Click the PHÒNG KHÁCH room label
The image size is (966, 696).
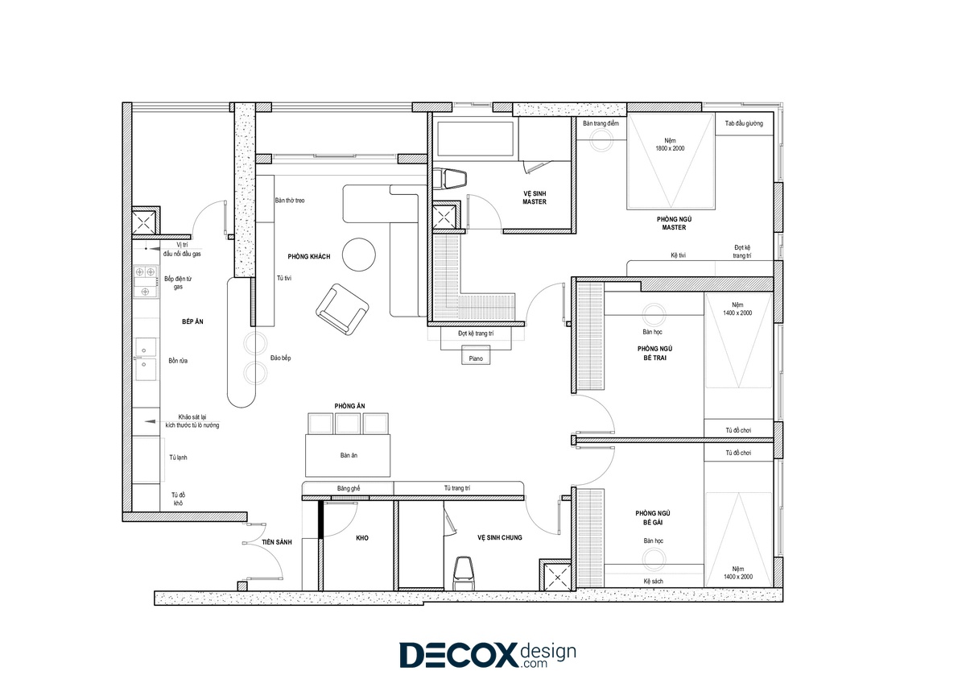(309, 257)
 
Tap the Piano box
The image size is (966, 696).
(476, 356)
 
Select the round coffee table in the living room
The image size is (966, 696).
(359, 255)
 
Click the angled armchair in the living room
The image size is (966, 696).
(342, 309)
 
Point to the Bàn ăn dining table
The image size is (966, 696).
(348, 455)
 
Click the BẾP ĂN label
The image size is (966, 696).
(192, 321)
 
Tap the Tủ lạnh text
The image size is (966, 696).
(178, 458)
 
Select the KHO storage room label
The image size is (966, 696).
(362, 538)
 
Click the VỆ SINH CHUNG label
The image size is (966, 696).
(500, 537)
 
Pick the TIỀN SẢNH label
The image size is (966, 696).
(277, 542)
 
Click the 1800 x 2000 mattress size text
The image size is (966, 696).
(670, 148)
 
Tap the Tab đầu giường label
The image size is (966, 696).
(744, 123)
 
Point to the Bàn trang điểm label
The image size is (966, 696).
(601, 123)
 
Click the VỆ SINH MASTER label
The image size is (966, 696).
(535, 197)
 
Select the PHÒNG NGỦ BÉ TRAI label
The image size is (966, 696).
(654, 353)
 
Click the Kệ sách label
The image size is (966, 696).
(654, 582)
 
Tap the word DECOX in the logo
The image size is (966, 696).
(458, 654)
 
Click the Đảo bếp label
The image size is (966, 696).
(280, 358)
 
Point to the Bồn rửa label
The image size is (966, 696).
(178, 361)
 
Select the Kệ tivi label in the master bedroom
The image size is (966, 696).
(678, 255)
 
